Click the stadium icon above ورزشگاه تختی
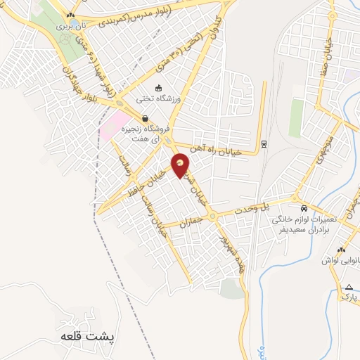pyautogui.click(x=159, y=89)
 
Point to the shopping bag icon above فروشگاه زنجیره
pyautogui.click(x=145, y=118)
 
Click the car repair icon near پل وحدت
pyautogui.click(x=303, y=209)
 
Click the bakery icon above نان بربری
pyautogui.click(x=70, y=14)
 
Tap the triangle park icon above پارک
pyautogui.click(x=349, y=286)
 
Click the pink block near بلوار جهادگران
pyautogui.click(x=113, y=124)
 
